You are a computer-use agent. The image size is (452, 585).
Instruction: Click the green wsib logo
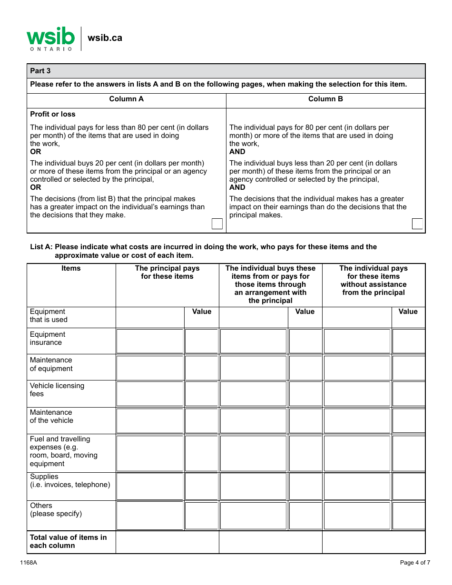(x=50, y=38)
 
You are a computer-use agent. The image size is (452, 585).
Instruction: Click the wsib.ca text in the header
(x=105, y=38)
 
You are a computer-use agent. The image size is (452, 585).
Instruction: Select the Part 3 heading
(x=40, y=71)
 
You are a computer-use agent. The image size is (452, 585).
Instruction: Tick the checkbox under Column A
(x=217, y=224)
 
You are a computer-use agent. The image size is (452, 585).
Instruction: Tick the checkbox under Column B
(x=417, y=224)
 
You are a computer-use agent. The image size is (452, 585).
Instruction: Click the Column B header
(x=325, y=99)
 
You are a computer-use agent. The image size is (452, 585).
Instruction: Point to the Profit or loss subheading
(x=52, y=114)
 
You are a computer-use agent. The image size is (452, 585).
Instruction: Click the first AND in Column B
(x=237, y=152)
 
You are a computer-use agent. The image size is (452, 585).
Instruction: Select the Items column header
(x=71, y=268)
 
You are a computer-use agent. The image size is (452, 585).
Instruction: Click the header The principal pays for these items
(x=167, y=272)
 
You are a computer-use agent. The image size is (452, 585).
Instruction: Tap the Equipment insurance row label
(x=48, y=338)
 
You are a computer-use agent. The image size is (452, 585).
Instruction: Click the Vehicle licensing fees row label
(x=57, y=390)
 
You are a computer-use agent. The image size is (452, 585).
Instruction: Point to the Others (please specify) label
(x=56, y=509)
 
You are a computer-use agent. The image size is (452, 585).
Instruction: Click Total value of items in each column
(x=68, y=541)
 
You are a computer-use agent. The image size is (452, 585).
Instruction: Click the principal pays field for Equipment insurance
(x=150, y=341)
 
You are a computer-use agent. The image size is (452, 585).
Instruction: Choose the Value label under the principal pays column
(x=201, y=312)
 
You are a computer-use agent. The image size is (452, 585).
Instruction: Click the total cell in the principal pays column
(x=167, y=542)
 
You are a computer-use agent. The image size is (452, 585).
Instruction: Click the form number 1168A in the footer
(x=29, y=563)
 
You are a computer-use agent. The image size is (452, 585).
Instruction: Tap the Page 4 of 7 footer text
(x=415, y=563)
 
